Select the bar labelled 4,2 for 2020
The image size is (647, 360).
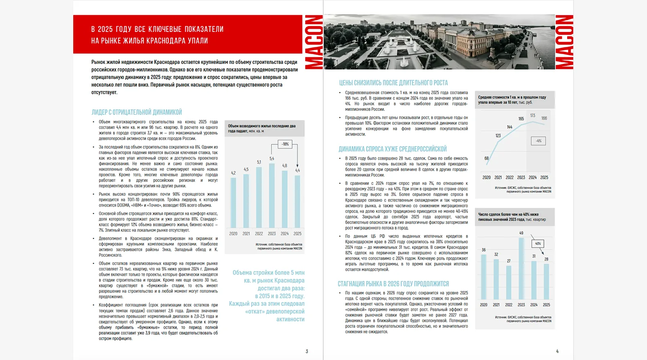(233, 202)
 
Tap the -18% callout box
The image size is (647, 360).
(285, 144)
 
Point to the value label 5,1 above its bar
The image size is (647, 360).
(259, 162)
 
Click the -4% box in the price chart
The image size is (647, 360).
(538, 141)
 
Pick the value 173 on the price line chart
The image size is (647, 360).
(532, 116)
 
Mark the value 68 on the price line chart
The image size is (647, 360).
(487, 158)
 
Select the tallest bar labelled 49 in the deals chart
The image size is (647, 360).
(521, 268)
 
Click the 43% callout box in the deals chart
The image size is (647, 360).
(538, 244)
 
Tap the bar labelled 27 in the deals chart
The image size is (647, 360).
(509, 282)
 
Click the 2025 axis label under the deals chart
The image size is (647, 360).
(546, 305)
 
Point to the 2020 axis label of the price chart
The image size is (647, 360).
(487, 178)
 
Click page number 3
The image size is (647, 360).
(307, 351)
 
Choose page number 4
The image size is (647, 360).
(557, 351)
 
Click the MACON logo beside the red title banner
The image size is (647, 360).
(314, 42)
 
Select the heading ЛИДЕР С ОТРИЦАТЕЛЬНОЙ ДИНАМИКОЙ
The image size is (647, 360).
(137, 112)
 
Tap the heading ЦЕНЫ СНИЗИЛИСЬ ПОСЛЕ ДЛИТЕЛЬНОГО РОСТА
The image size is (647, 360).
(393, 83)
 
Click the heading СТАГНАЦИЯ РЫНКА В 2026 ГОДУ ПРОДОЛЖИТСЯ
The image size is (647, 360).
(393, 284)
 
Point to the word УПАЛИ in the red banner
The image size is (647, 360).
(198, 41)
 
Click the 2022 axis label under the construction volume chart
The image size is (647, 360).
(259, 234)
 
